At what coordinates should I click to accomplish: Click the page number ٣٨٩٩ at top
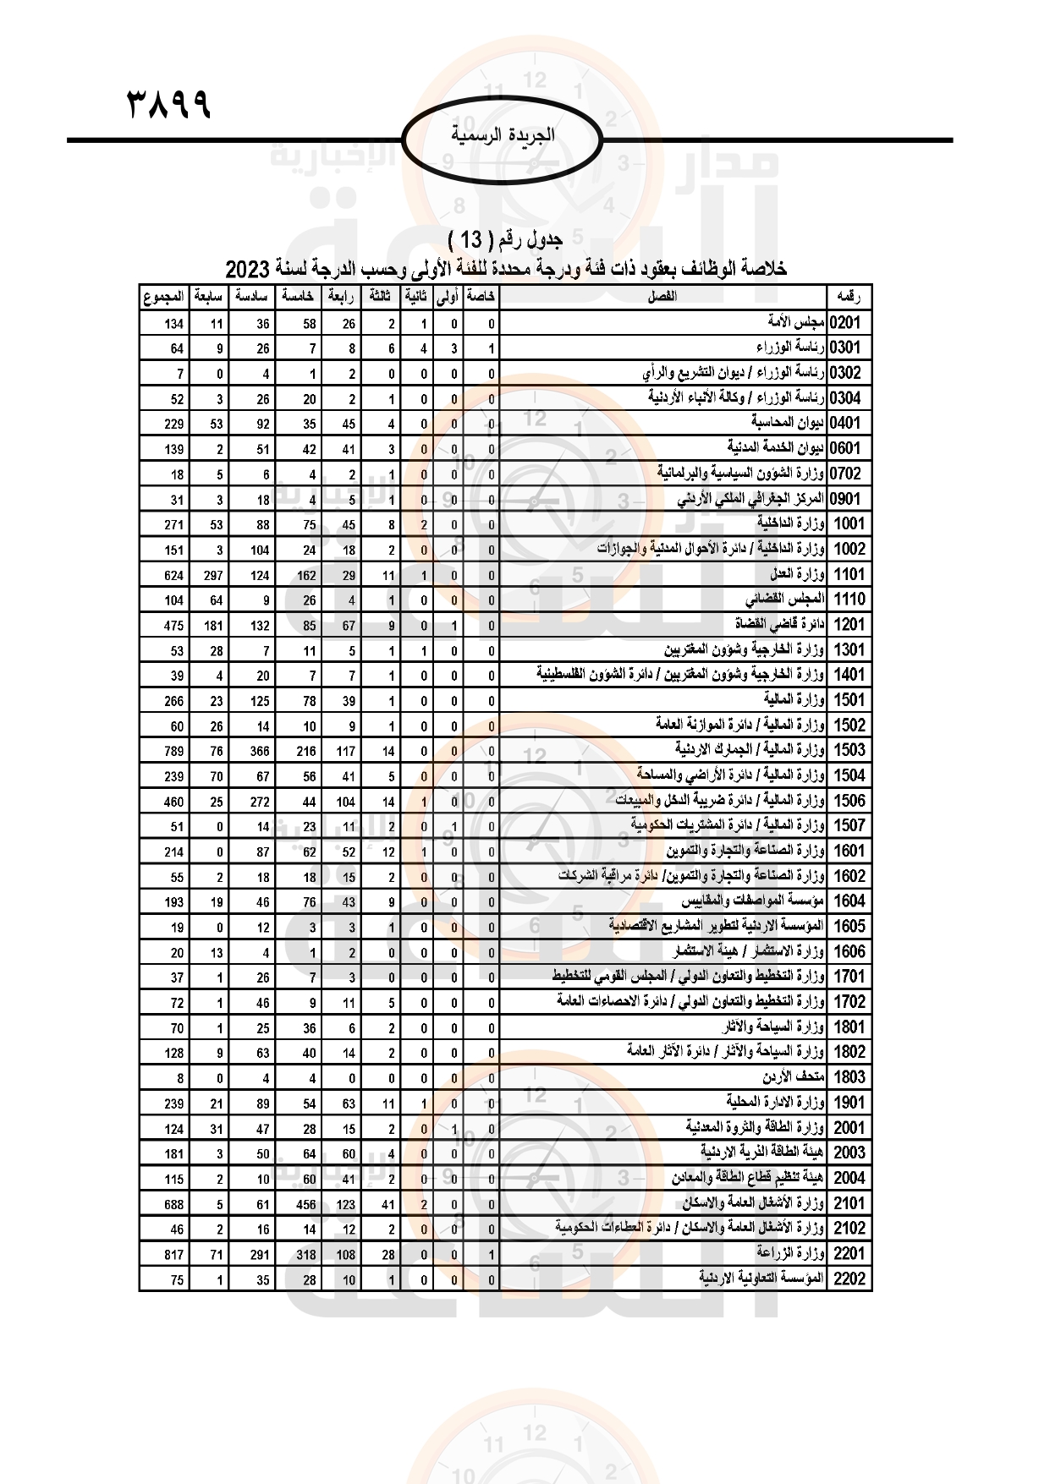tap(168, 105)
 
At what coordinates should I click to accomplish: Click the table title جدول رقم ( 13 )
tap(505, 240)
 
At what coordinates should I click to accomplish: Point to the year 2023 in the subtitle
tap(247, 270)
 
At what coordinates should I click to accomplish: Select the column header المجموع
tap(163, 297)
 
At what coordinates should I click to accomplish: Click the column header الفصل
tap(661, 297)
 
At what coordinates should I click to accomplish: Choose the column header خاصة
tap(481, 297)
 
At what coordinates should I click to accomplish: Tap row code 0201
tap(845, 323)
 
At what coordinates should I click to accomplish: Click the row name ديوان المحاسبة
tap(788, 423)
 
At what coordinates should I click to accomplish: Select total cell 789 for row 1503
tap(173, 751)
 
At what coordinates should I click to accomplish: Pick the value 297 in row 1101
tap(212, 575)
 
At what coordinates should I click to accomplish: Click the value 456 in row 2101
tap(305, 1204)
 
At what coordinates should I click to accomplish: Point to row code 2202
tap(849, 1279)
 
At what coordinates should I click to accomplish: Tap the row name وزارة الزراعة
tap(790, 1254)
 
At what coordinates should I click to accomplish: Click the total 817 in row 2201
tap(173, 1255)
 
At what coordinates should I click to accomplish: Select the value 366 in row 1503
tap(259, 751)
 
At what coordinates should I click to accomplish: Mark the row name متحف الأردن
tap(793, 1077)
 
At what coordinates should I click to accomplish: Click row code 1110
tap(849, 600)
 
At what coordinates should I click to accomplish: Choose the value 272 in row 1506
tap(259, 802)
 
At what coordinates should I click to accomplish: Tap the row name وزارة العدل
tap(797, 575)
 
